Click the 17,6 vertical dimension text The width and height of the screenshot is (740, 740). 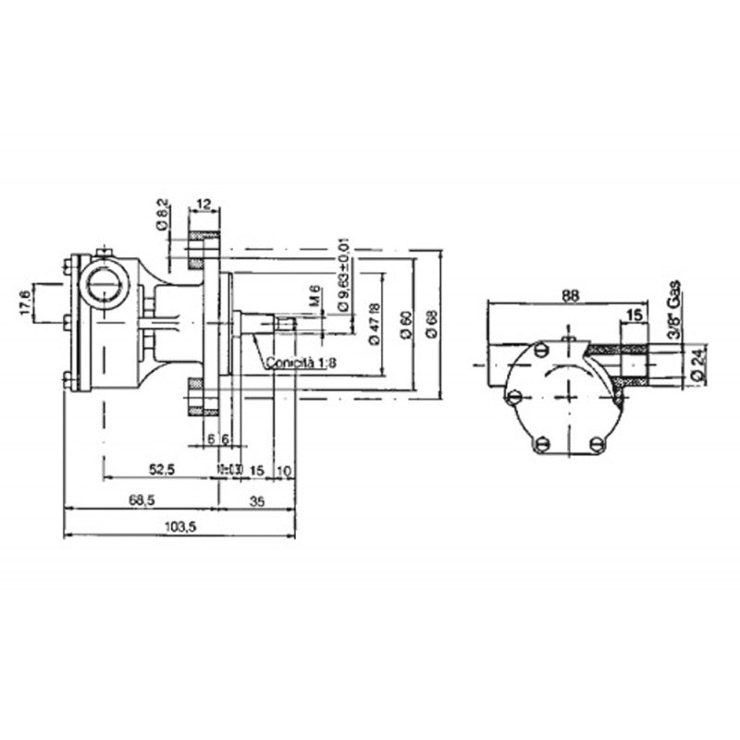click(26, 302)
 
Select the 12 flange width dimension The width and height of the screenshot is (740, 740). click(204, 202)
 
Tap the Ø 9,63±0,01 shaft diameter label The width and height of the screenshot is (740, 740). click(342, 274)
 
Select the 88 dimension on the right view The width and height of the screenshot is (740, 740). click(570, 295)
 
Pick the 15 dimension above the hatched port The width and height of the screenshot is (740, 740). click(634, 316)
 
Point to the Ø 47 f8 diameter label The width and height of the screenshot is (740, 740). click(375, 324)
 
